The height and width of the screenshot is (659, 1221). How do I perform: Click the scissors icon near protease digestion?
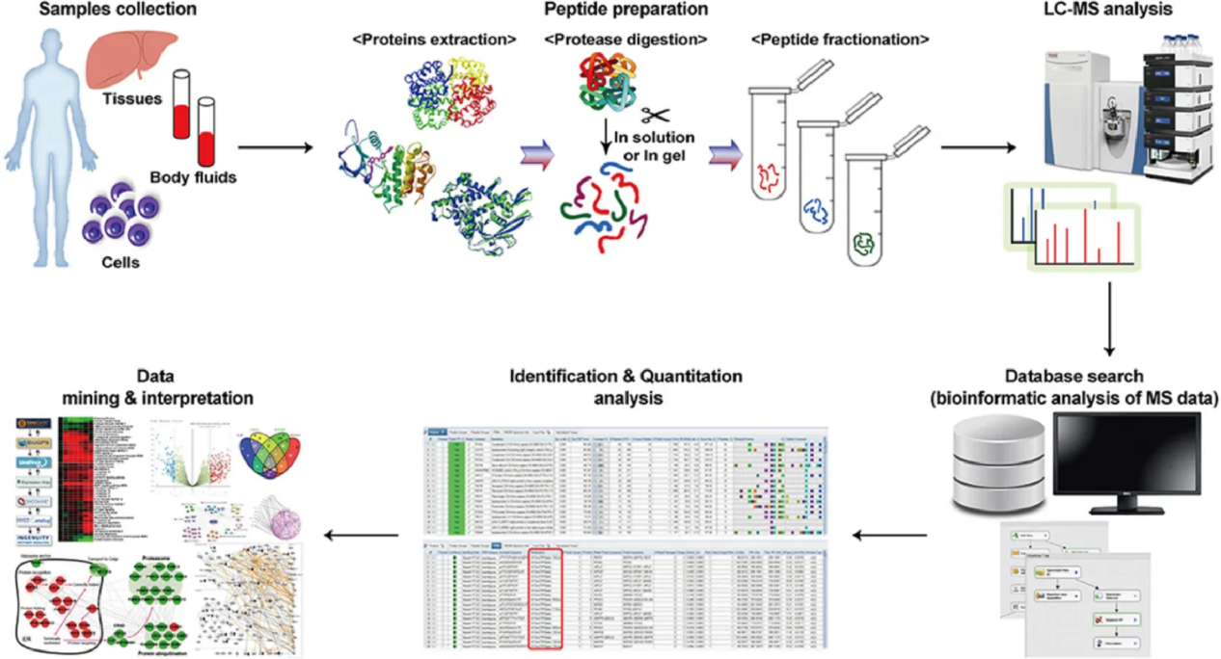659,115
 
